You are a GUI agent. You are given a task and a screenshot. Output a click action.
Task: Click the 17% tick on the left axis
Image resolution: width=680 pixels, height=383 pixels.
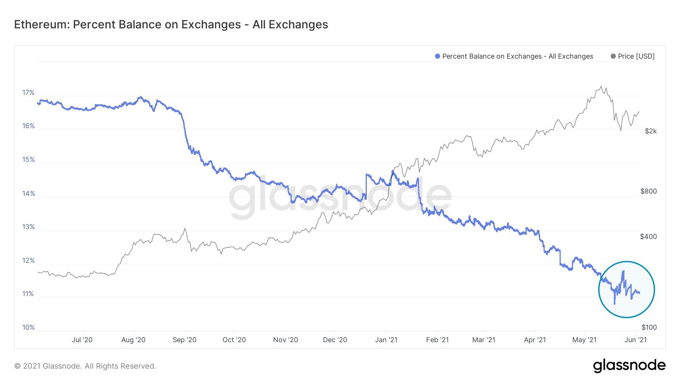coord(28,93)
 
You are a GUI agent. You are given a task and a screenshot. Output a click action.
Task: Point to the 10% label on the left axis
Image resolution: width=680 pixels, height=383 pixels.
coord(28,327)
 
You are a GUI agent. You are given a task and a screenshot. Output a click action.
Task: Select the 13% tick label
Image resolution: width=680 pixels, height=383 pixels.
coord(28,227)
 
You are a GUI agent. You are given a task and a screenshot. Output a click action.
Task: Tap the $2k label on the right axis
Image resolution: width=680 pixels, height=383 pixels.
coord(651,131)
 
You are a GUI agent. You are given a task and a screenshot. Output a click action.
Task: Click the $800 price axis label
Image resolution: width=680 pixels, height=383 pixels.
coord(648,191)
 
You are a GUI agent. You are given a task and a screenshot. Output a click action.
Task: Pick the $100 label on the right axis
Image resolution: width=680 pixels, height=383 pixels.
coord(649,327)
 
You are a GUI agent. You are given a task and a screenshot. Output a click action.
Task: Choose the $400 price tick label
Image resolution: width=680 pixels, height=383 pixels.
coord(648,237)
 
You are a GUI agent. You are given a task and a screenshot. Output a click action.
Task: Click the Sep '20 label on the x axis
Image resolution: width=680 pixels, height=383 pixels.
coord(184,340)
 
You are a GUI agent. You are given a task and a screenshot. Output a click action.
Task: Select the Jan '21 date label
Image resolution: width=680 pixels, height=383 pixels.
coord(386,340)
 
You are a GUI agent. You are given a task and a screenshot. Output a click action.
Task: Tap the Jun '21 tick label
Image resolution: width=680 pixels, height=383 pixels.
coord(635,340)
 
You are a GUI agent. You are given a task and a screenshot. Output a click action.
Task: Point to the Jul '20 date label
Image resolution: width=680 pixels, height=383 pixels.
coord(82,340)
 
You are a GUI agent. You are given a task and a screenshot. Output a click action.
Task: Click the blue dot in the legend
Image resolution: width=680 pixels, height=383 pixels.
coord(437,56)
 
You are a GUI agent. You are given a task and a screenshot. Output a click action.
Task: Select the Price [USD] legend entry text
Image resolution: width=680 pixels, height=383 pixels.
coord(636,56)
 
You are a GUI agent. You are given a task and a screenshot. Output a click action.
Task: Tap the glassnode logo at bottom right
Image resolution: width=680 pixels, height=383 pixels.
coord(629,366)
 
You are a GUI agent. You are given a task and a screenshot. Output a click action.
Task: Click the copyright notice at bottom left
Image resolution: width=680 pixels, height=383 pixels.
coord(85,366)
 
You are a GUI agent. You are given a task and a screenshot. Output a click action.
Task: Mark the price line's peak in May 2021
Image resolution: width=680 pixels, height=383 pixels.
coord(601,87)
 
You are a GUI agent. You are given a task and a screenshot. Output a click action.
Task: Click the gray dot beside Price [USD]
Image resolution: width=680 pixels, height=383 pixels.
coord(613,56)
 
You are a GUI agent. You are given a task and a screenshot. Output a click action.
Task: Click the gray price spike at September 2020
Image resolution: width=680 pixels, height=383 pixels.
coord(185,228)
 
